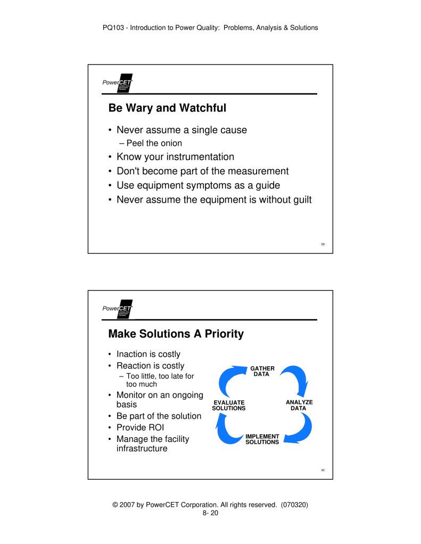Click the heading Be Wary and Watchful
[167, 108]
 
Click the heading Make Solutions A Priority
[176, 334]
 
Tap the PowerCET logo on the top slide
[118, 83]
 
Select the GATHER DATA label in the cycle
[262, 371]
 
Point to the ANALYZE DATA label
[299, 405]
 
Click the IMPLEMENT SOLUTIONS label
[262, 439]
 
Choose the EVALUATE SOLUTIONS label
[228, 405]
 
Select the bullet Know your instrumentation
[175, 157]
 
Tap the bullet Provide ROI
[140, 428]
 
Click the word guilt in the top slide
[300, 200]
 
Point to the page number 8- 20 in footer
[210, 513]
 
